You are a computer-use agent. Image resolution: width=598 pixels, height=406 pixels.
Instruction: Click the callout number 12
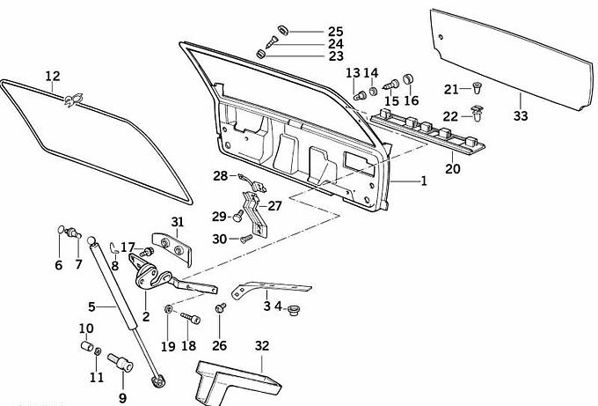[x=53, y=76]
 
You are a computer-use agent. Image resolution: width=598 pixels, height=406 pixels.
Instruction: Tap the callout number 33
[x=521, y=115]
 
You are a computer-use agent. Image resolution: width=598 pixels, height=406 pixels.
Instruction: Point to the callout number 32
[x=261, y=345]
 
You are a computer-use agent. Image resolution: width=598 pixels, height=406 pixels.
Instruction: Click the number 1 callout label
[x=423, y=181]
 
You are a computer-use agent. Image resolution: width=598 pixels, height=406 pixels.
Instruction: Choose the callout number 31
[x=178, y=221]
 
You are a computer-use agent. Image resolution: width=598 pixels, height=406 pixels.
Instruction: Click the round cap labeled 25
[x=281, y=30]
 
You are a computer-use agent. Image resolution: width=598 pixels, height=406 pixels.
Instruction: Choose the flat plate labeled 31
[x=171, y=247]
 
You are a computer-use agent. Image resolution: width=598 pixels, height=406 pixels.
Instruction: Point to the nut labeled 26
[x=220, y=308]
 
